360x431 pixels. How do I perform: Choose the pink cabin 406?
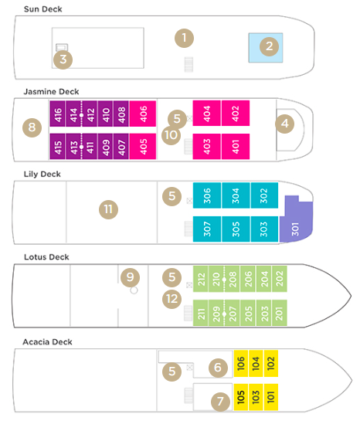(x=143, y=114)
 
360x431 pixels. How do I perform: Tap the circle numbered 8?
(x=31, y=126)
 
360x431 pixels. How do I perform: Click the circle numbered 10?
(x=172, y=134)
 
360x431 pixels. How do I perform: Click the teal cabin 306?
(x=206, y=196)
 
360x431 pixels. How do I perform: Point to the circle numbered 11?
(x=108, y=209)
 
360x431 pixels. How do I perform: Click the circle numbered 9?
(x=131, y=277)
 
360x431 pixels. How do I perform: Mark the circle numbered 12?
(x=172, y=297)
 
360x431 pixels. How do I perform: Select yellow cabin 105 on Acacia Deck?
(x=241, y=398)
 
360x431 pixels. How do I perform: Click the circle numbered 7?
(x=220, y=401)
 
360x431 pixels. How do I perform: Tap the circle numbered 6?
(x=220, y=368)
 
